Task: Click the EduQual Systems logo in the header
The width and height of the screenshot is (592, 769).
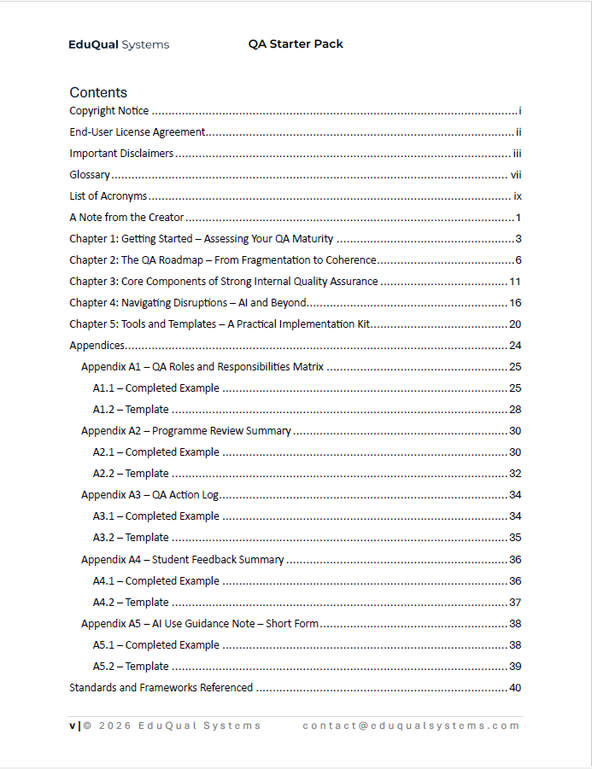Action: click(x=119, y=44)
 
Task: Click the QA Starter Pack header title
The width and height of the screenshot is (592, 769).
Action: click(x=296, y=44)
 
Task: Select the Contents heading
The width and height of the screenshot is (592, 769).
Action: click(x=98, y=92)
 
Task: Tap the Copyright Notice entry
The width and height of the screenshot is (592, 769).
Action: click(x=109, y=111)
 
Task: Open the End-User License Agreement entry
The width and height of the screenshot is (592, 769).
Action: click(x=138, y=132)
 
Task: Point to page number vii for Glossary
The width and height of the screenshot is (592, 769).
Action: click(x=516, y=175)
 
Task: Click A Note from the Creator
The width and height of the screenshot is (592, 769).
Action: click(x=126, y=218)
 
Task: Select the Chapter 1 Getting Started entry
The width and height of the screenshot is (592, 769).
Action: click(x=202, y=239)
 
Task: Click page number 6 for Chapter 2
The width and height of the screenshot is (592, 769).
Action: click(x=518, y=260)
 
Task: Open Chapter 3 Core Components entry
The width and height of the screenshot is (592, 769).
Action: click(x=224, y=282)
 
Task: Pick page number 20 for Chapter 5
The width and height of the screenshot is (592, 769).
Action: click(x=515, y=324)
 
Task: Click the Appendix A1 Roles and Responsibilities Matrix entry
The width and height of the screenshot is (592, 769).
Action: click(x=202, y=367)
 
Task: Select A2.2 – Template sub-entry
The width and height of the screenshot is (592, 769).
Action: click(x=131, y=474)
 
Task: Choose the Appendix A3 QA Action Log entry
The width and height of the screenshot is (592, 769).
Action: click(x=150, y=495)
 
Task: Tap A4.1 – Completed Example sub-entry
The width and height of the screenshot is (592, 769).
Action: click(x=156, y=581)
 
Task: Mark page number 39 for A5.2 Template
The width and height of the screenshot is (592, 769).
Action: click(x=515, y=667)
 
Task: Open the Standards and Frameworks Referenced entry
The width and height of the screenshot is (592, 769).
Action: click(x=161, y=688)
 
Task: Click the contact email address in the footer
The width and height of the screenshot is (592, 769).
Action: click(x=411, y=725)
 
